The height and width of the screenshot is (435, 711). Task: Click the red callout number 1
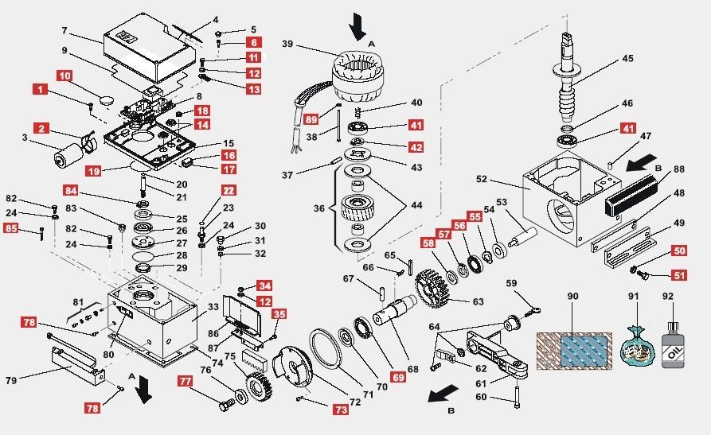point(39,91)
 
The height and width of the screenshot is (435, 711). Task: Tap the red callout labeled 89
point(311,119)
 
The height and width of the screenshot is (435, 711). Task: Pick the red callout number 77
point(186,382)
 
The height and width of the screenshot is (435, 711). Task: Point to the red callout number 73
point(340,410)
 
